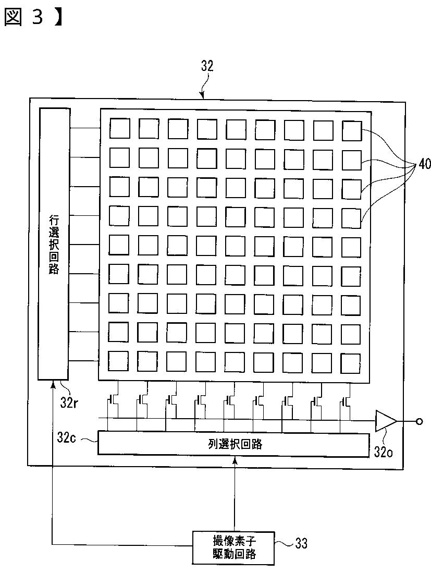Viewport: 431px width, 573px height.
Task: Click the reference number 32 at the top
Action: [207, 66]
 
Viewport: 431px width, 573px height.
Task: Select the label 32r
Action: [69, 402]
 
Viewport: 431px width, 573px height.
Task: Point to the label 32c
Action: [67, 437]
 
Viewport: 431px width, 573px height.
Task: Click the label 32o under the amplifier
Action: [384, 452]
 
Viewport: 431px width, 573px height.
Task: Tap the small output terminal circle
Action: [418, 421]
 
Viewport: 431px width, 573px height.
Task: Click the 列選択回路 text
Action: [232, 444]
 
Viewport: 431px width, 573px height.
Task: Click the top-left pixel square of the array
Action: [119, 128]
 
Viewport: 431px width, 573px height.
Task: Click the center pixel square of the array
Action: [235, 245]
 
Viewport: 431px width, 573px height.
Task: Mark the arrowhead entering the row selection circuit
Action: [53, 384]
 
